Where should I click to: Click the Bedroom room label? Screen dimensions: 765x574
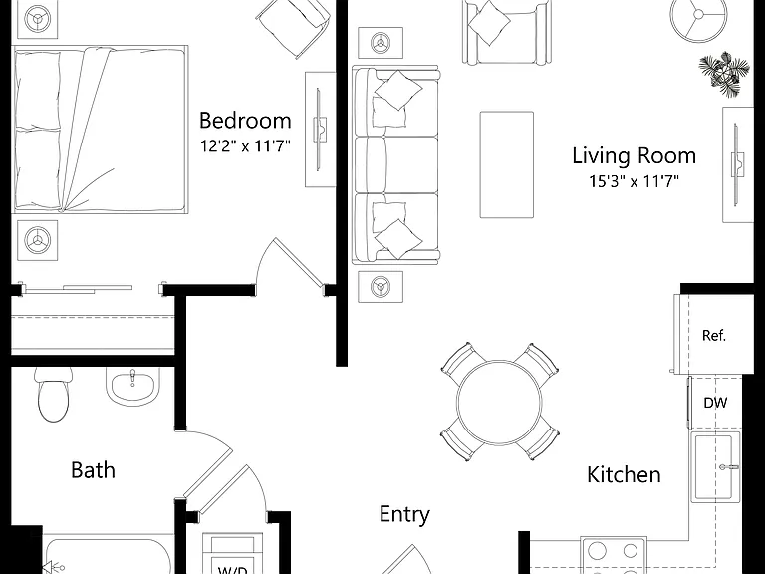click(245, 120)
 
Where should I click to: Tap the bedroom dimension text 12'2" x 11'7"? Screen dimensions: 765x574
click(245, 145)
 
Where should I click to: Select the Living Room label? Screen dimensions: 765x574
click(634, 155)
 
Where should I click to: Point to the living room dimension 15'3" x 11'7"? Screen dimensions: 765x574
click(634, 181)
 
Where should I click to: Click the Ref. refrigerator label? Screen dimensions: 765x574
click(714, 335)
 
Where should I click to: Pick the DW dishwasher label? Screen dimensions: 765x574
click(715, 403)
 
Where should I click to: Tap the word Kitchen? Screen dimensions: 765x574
click(624, 474)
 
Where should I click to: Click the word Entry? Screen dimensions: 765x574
click(404, 514)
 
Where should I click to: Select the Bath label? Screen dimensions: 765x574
click(93, 470)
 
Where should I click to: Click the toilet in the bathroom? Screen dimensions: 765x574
click(54, 394)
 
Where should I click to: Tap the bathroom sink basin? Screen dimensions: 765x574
click(132, 386)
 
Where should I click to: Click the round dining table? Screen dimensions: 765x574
click(499, 402)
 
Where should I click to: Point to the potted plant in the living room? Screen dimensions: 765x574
click(725, 73)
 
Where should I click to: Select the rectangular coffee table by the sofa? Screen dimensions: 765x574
click(506, 164)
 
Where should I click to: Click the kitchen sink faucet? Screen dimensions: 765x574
click(728, 467)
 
